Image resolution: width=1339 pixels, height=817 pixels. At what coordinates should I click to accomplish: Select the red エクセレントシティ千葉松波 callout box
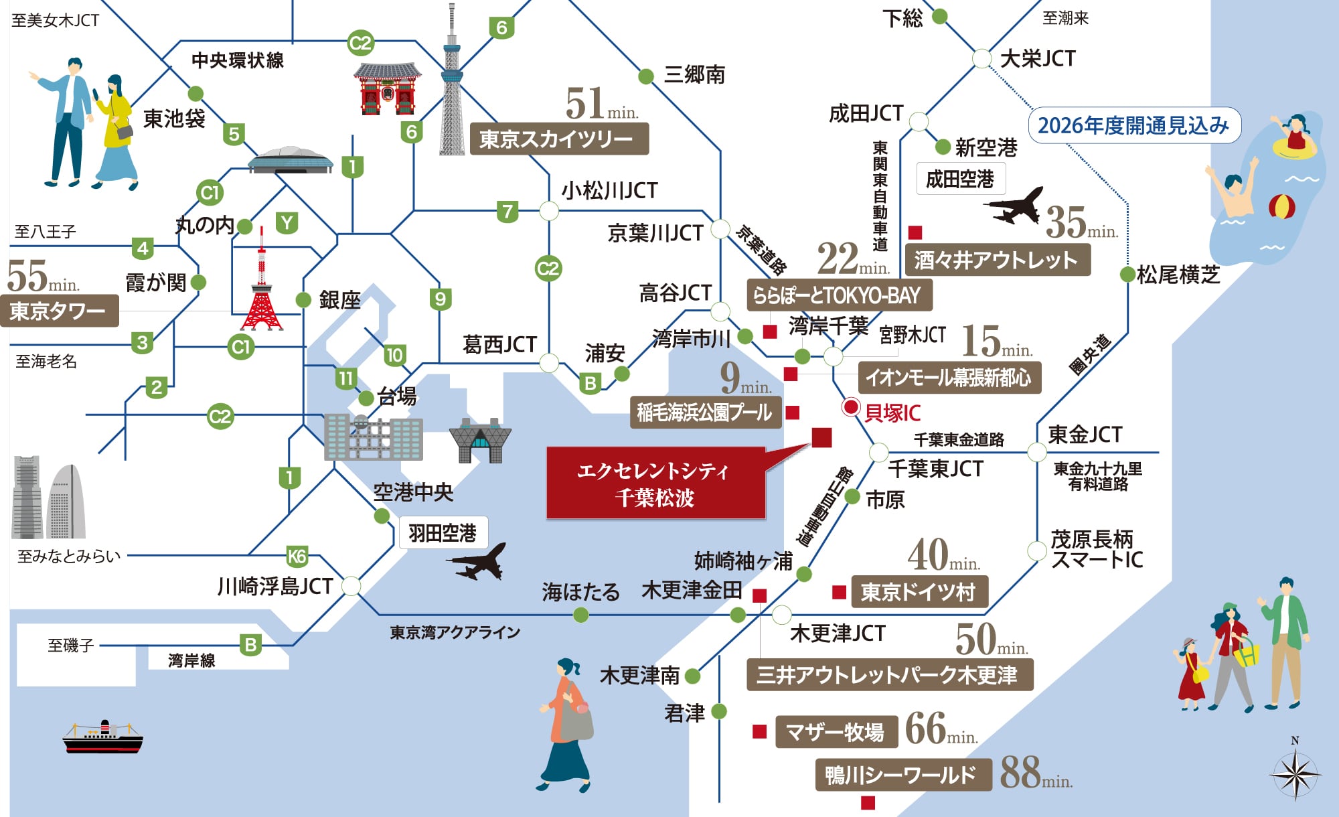(x=655, y=484)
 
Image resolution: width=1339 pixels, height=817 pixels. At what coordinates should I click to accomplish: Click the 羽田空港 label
(x=443, y=533)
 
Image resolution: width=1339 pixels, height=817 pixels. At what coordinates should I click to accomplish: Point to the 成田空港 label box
(x=960, y=179)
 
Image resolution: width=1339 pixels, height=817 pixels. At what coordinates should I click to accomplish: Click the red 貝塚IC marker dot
(x=850, y=406)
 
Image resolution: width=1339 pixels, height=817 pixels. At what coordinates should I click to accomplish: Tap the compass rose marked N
(x=1295, y=774)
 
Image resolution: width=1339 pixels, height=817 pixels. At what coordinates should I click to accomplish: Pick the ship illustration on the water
(x=102, y=737)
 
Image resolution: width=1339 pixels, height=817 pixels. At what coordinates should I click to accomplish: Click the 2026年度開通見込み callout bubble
(x=1133, y=125)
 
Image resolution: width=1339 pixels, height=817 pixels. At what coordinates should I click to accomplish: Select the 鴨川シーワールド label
(x=901, y=775)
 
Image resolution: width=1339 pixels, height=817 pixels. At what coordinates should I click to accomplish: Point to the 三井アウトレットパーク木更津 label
(x=888, y=674)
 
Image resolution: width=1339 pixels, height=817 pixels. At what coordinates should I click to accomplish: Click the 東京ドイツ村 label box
(x=918, y=592)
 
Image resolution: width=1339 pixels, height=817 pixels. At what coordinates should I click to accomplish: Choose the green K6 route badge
(x=297, y=556)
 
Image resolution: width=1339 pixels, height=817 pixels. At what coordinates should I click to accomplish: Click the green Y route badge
(x=287, y=222)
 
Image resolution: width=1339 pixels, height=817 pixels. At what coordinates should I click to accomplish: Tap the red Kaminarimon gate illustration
(x=388, y=89)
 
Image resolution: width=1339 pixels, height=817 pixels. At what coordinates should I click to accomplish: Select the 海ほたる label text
(x=580, y=592)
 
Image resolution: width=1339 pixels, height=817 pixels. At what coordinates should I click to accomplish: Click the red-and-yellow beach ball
(x=1281, y=207)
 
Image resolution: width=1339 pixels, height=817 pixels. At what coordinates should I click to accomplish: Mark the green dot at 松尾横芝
(x=1127, y=274)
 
